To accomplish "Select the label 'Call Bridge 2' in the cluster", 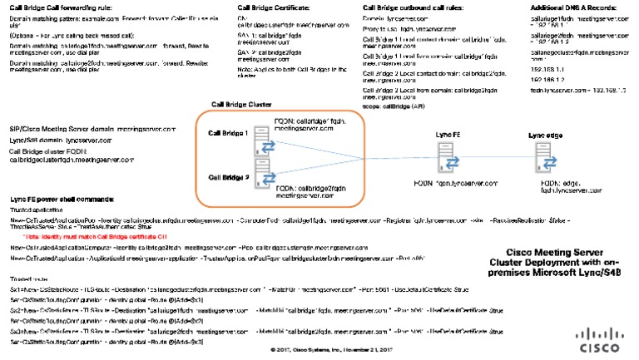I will tap(229, 177).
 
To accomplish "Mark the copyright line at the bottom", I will tap(319, 350).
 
